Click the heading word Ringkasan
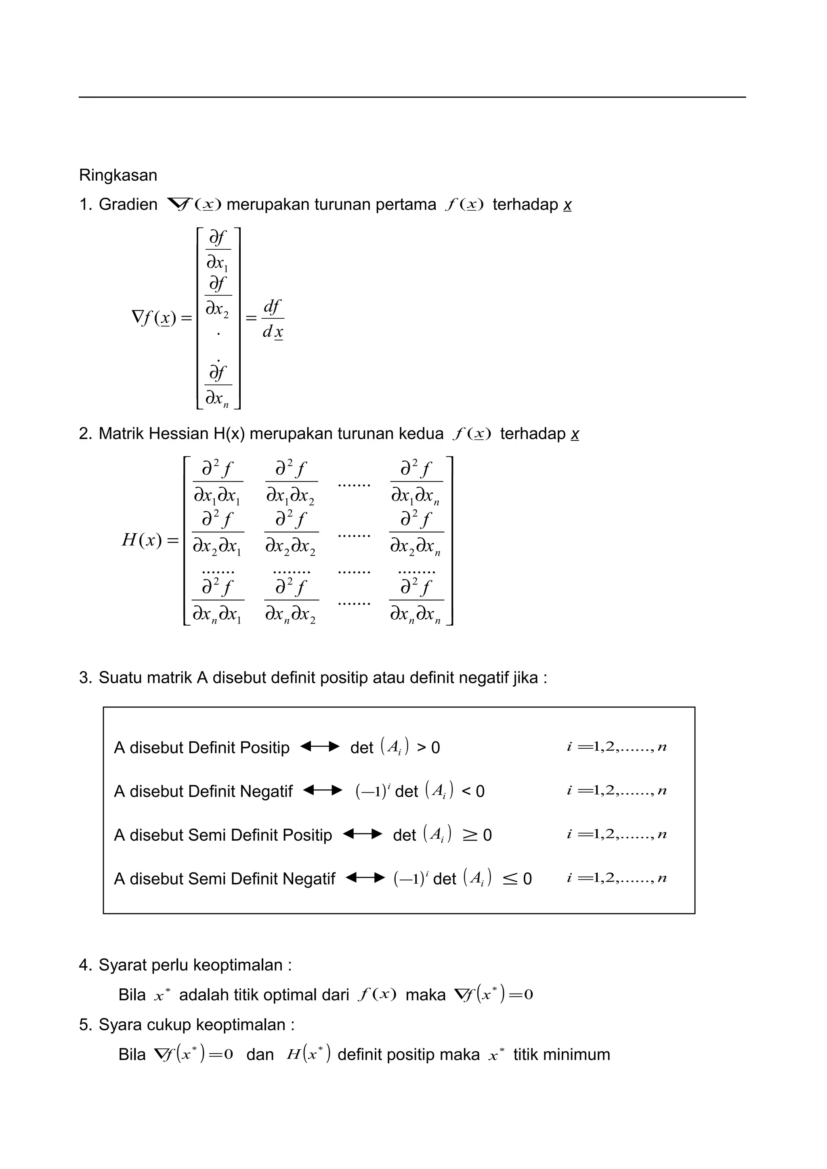coord(118,175)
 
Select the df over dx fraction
coord(273,319)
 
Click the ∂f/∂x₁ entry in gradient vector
coord(218,250)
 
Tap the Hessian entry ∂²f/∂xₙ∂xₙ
coord(416,601)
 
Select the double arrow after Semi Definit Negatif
coord(365,878)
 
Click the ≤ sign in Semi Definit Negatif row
coord(510,879)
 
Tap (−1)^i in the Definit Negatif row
coord(372,791)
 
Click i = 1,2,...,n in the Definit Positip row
coord(617,747)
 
